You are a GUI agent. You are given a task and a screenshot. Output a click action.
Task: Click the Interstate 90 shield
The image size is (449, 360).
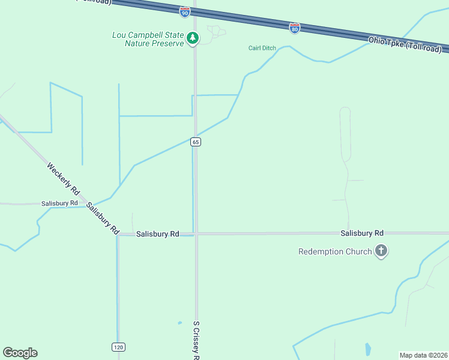(x=185, y=11)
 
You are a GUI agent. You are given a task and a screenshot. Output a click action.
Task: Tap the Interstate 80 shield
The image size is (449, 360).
(x=294, y=28)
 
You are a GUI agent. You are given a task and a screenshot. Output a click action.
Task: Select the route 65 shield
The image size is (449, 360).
(x=196, y=142)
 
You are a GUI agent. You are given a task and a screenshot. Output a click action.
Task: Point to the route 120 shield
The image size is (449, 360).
(x=118, y=347)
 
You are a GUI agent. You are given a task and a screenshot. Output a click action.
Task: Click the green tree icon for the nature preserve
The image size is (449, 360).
(x=192, y=38)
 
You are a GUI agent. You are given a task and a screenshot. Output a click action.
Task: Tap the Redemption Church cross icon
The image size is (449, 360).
(x=381, y=251)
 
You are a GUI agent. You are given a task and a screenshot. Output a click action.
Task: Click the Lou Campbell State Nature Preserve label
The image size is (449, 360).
(x=148, y=39)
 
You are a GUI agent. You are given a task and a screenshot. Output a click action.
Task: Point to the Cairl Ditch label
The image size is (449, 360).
(x=262, y=48)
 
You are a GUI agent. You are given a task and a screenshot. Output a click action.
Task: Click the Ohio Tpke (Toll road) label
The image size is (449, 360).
(x=405, y=44)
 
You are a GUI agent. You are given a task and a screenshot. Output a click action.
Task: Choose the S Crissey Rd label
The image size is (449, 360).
(x=196, y=340)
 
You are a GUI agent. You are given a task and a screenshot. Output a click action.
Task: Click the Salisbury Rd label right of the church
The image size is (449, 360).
(x=362, y=233)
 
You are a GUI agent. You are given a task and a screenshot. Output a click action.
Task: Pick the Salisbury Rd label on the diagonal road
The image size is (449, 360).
(x=103, y=218)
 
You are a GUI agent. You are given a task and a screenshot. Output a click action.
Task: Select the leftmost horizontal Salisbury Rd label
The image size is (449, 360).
(x=59, y=203)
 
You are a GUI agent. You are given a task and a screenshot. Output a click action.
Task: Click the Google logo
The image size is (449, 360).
(x=20, y=353)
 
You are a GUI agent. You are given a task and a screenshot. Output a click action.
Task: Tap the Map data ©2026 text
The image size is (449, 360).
(x=423, y=355)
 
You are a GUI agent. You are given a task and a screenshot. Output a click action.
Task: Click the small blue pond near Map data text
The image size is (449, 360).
(x=368, y=349)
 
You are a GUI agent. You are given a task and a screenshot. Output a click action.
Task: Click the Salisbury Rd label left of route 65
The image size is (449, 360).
(x=157, y=234)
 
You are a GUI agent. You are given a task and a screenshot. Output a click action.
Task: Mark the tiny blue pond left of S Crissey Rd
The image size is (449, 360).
(x=179, y=323)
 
